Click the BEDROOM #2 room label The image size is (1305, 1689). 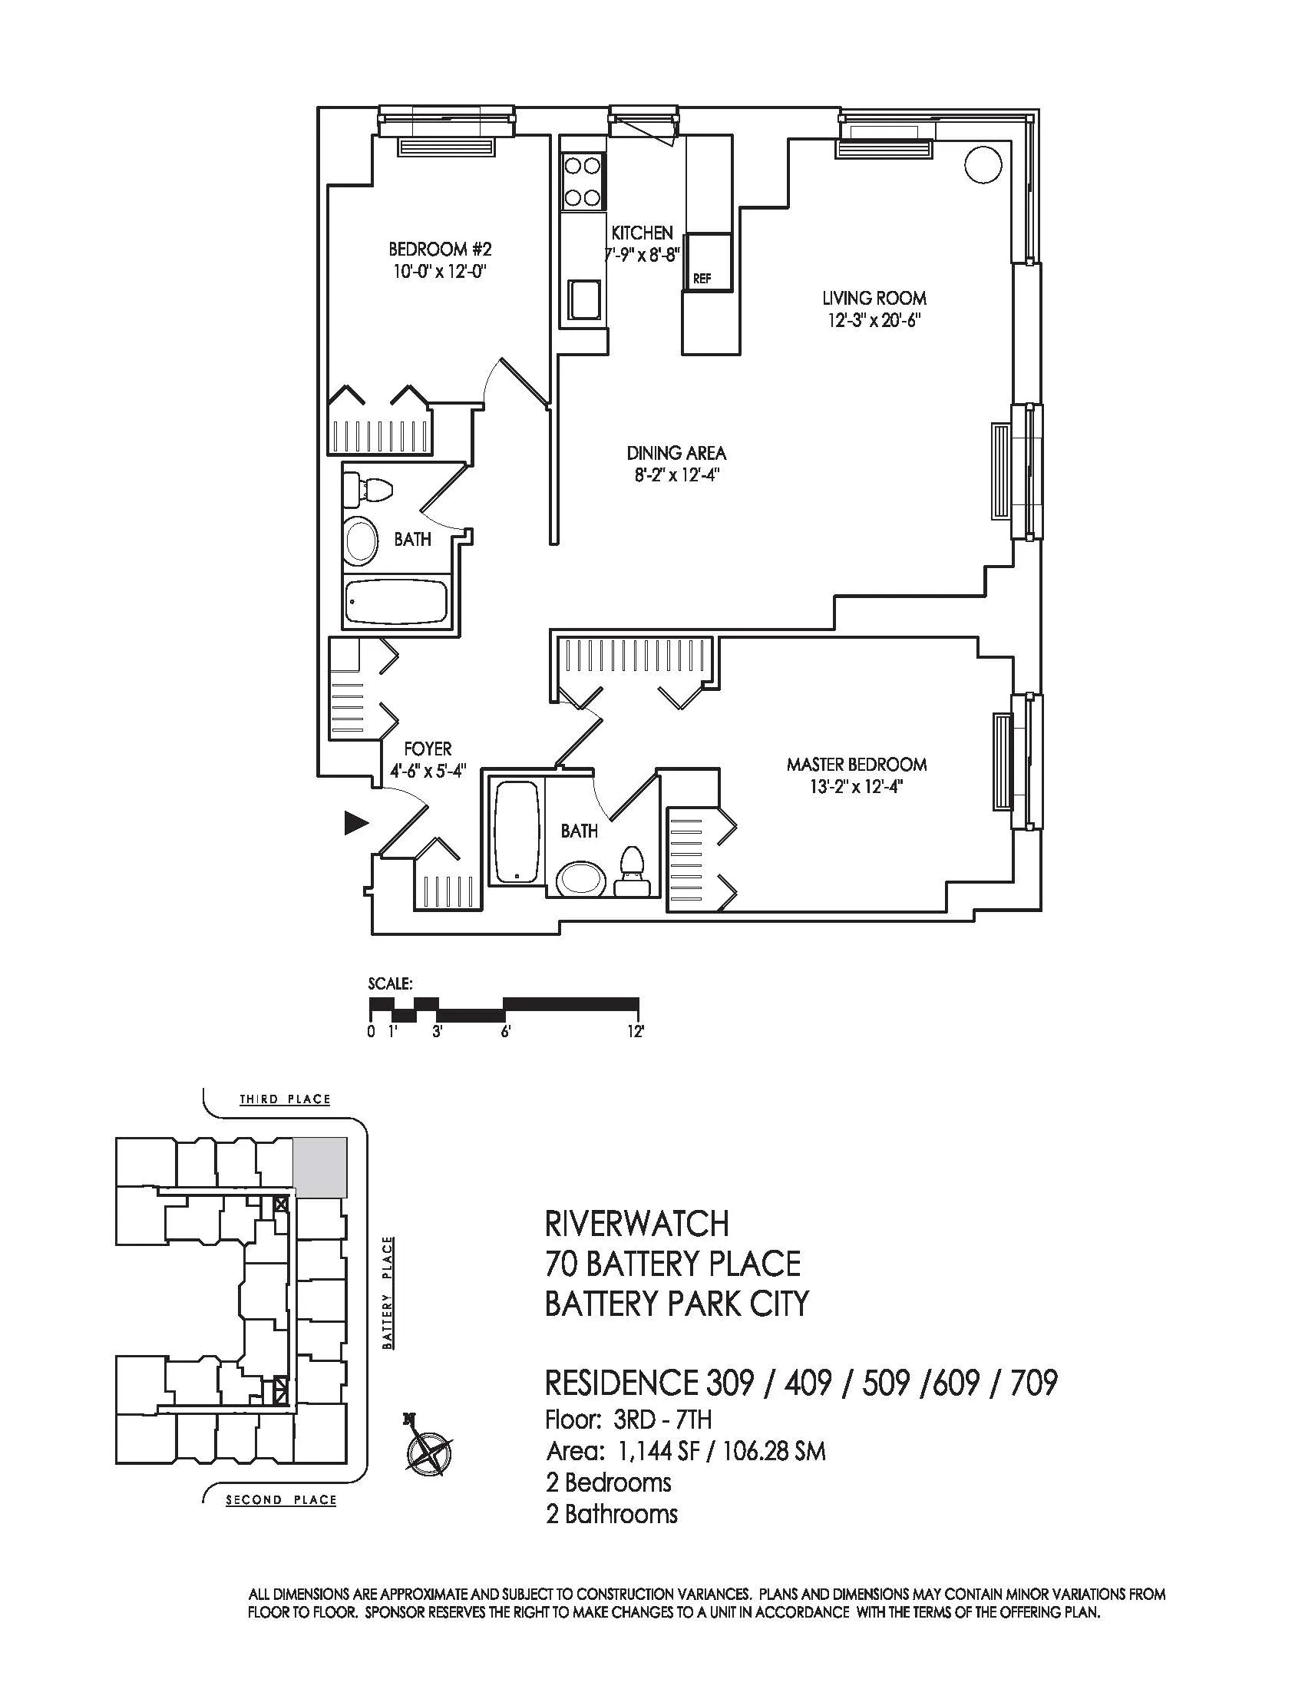(x=440, y=250)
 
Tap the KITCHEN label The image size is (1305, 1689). (x=642, y=233)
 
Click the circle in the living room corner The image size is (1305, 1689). (x=983, y=165)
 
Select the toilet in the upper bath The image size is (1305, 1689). (x=368, y=488)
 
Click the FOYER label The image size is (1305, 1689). (x=428, y=749)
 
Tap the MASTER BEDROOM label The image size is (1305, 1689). (x=857, y=765)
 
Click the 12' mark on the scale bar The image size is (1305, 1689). (x=636, y=1032)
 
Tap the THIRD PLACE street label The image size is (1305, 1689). (x=285, y=1099)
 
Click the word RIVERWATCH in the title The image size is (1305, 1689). (x=637, y=1224)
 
